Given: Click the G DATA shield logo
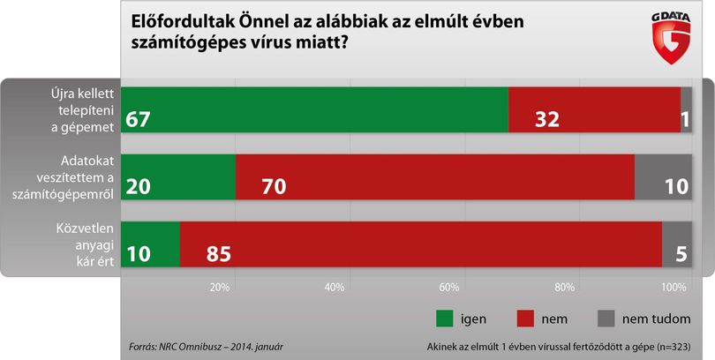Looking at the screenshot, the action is [671, 38].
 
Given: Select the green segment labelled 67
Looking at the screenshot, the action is [314, 109].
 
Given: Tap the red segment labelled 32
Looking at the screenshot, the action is [594, 109].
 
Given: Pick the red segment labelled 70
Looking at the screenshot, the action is [435, 176].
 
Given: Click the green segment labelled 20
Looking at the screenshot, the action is [178, 176].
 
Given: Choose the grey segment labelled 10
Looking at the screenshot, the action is [664, 176].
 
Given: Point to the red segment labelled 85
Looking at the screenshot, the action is [421, 244].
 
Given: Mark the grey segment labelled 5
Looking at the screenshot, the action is [677, 244].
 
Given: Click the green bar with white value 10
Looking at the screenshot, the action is [150, 244].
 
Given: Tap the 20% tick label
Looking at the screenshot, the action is [219, 288].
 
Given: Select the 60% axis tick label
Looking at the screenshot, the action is [448, 288].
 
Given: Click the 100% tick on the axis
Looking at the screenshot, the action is [674, 288].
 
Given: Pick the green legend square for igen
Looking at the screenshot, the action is [445, 319].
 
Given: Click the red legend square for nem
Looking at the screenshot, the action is [525, 319].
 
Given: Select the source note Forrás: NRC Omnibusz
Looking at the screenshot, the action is [180, 347].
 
